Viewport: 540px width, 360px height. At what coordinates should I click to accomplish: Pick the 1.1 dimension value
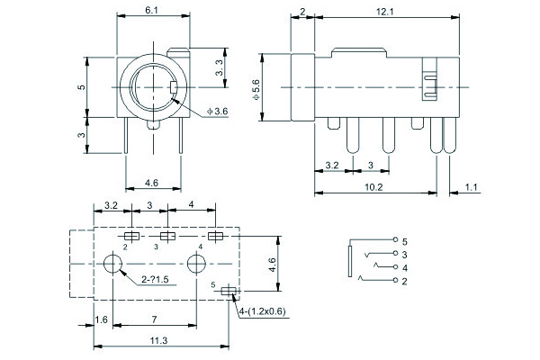coord(471,187)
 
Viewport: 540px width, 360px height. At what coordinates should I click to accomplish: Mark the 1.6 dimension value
coord(101,319)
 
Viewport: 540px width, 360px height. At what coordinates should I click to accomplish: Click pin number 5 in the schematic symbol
coord(405,242)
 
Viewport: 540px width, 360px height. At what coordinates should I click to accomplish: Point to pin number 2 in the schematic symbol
coord(405,283)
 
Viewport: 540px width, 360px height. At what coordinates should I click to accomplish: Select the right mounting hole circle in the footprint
coord(197,265)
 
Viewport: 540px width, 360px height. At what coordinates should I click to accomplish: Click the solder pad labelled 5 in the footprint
coord(228,291)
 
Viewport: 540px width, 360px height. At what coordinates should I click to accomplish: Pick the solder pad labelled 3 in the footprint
coord(165,236)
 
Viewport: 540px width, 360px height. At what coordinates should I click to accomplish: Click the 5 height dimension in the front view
coord(81,87)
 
